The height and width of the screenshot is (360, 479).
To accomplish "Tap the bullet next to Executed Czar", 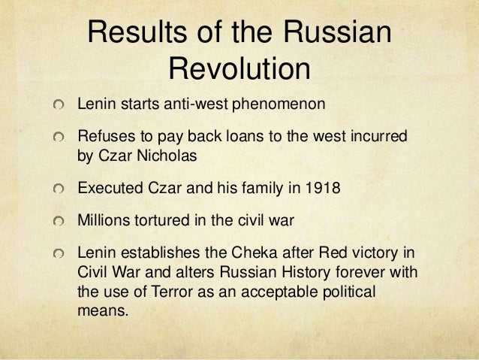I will click(x=59, y=189).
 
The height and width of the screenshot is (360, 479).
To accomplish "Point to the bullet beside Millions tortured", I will click(x=59, y=222).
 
